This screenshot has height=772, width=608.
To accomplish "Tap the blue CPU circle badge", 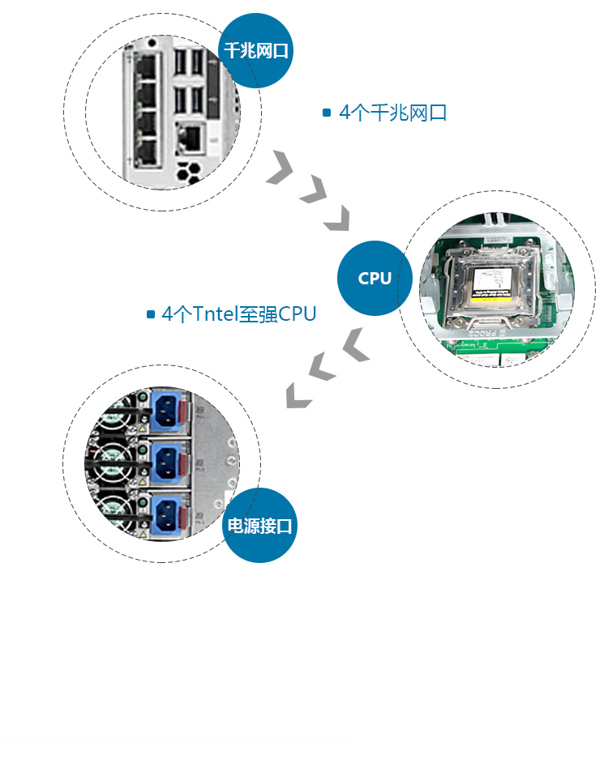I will [x=375, y=279].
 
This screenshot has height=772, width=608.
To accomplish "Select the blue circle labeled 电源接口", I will [x=259, y=526].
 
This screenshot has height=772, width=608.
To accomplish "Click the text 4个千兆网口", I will [x=393, y=113].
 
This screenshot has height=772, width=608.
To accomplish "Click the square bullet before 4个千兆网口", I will [x=327, y=113].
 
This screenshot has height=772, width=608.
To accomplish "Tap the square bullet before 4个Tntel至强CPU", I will [x=151, y=314].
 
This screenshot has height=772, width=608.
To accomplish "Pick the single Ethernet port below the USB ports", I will [x=191, y=139].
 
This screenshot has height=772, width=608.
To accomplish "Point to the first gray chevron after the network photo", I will [x=280, y=168].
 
